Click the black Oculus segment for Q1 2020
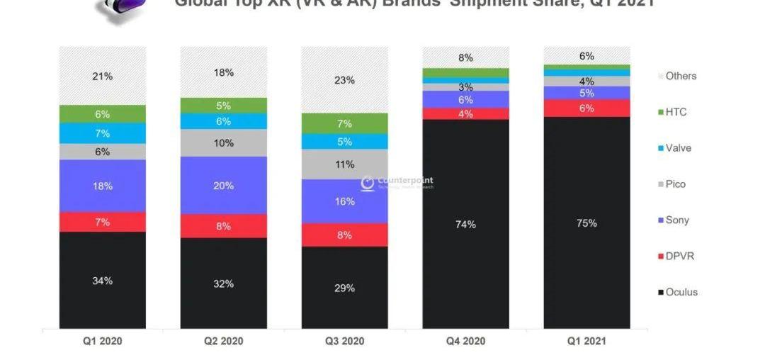[102, 280]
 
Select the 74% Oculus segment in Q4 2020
[465, 224]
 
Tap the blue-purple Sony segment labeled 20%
[223, 185]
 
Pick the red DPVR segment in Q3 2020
[344, 235]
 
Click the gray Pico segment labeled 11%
[344, 164]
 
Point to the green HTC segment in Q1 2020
[102, 113]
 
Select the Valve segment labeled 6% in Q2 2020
[223, 121]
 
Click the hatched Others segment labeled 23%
[344, 80]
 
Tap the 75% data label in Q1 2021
[586, 223]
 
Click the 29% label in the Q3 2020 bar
[344, 288]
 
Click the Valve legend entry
[677, 148]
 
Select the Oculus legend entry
[680, 292]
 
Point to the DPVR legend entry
[679, 256]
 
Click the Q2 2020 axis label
[223, 341]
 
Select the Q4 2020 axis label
[465, 341]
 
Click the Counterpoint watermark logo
[397, 182]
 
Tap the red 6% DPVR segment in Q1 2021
[586, 108]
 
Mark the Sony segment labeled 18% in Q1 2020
[102, 186]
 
